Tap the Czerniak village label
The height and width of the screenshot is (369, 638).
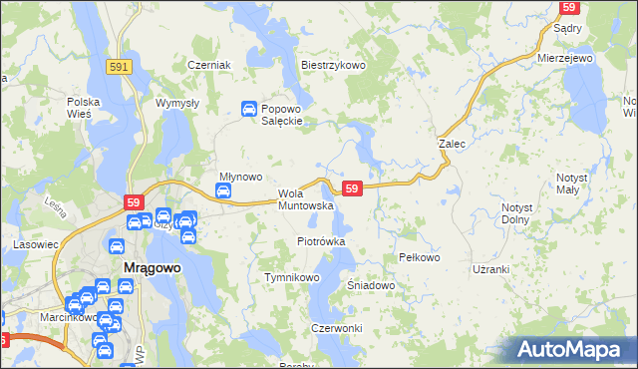(209, 65)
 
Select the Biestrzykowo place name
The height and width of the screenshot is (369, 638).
(334, 65)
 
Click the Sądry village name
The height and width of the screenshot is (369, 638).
(567, 29)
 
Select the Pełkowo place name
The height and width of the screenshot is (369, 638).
(419, 257)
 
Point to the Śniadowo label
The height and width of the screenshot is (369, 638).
(372, 285)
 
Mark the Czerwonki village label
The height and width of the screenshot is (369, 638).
(336, 328)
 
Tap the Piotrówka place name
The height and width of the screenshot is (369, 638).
(321, 241)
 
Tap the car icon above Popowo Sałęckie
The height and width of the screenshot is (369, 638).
(249, 109)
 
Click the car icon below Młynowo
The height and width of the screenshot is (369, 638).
(225, 190)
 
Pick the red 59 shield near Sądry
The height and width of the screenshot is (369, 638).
(569, 7)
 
